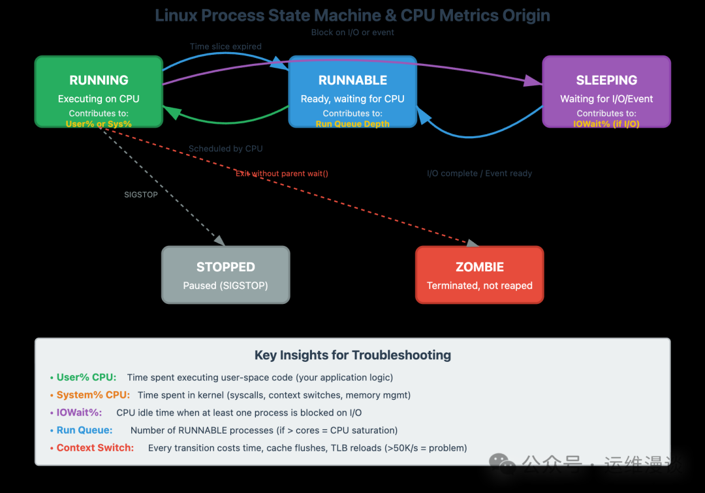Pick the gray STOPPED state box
(225, 275)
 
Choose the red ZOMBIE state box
(479, 275)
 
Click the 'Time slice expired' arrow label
(225, 47)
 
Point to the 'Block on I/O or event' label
(352, 32)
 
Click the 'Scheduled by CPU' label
(225, 149)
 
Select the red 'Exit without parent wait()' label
(281, 173)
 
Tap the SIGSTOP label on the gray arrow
(141, 194)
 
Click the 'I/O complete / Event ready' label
(479, 173)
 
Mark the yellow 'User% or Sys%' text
(99, 124)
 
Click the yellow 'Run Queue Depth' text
(352, 124)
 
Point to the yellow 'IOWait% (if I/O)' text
(606, 124)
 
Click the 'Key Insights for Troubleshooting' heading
(352, 355)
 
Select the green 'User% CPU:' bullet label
(86, 378)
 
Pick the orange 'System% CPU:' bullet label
(93, 395)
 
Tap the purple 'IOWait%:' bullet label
(79, 413)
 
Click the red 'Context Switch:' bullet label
(95, 448)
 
